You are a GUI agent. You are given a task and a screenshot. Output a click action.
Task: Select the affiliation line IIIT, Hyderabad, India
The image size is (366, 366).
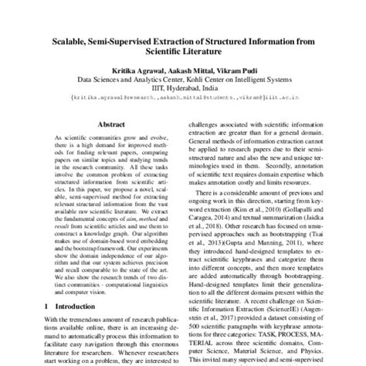(x=182, y=89)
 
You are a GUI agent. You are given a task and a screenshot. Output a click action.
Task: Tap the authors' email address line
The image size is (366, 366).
(x=182, y=99)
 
